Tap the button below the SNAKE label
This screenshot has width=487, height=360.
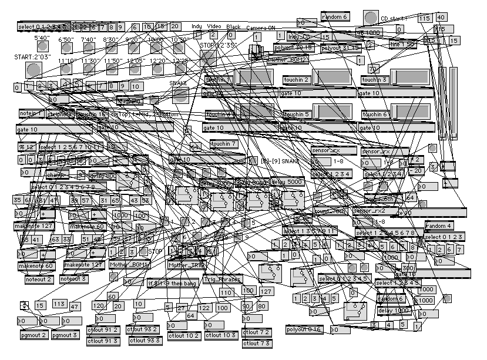pos(180,95)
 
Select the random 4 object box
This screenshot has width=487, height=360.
pos(439,226)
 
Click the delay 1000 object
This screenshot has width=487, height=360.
pos(392,311)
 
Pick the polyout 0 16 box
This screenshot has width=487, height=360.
pos(304,330)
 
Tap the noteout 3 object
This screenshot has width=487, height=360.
pos(76,279)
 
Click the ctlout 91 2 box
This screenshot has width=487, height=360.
pos(103,329)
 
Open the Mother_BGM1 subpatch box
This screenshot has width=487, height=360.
pos(126,265)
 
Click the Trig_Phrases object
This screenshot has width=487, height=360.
pos(221,280)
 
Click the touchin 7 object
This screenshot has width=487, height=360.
pos(223,143)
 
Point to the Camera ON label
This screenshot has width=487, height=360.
pos(260,28)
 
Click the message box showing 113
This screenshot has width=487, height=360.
pos(59,305)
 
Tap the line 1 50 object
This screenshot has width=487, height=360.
pos(402,44)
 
